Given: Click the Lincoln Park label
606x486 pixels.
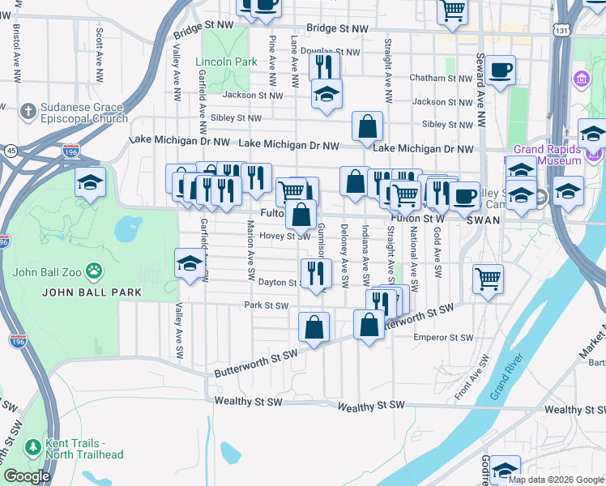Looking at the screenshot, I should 226,62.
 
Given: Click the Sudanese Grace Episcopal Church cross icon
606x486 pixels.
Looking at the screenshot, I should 28,109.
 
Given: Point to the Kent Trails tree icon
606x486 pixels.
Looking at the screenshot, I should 32,446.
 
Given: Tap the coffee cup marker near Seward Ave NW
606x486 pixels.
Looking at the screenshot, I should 501,70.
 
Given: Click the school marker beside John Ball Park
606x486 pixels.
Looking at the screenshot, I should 190,263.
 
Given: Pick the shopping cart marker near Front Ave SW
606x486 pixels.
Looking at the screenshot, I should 488,279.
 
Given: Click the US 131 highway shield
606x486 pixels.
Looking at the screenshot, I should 562,29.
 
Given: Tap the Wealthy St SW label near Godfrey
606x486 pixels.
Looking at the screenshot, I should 574,409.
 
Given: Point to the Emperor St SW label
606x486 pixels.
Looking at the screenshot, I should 443,337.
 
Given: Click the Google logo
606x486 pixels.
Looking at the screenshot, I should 27,476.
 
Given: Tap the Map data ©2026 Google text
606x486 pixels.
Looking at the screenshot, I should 556,480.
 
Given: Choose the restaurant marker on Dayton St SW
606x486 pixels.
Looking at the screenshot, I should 315,273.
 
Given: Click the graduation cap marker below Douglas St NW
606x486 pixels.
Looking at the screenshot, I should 326,94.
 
